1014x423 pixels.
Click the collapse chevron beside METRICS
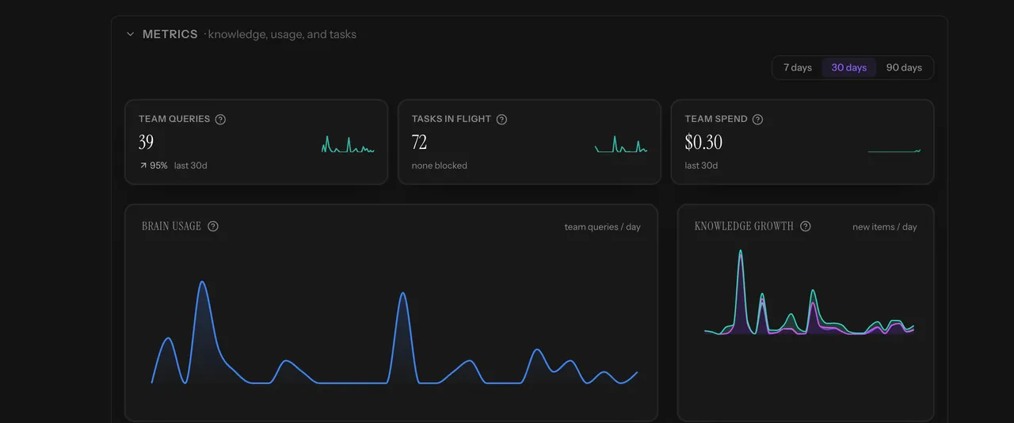click(131, 34)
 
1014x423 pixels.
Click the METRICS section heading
click(170, 34)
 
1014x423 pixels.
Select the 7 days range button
click(798, 67)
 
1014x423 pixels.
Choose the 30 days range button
click(848, 67)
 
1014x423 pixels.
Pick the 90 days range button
click(904, 67)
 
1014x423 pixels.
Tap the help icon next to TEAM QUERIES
click(220, 119)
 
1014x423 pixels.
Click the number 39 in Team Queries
click(147, 143)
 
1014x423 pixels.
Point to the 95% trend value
click(158, 166)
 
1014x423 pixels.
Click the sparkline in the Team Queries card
click(348, 144)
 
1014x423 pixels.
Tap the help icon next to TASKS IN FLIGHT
click(501, 119)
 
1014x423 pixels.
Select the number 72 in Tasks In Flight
click(419, 143)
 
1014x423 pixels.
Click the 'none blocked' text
click(439, 166)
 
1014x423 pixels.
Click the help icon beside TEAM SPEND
click(757, 119)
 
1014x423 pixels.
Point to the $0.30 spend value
click(703, 143)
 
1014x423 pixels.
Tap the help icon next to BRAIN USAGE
click(213, 226)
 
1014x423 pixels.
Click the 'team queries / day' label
click(602, 227)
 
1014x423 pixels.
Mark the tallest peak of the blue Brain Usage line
click(202, 282)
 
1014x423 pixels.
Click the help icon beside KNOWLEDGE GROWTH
click(806, 226)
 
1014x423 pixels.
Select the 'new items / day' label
click(885, 227)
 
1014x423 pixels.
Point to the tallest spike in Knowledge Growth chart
click(741, 250)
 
